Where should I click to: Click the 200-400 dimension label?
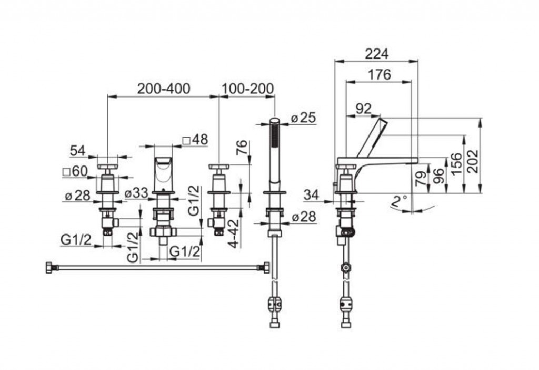[x=164, y=89]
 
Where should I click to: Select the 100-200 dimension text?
[x=248, y=89]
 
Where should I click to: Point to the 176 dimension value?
[x=379, y=75]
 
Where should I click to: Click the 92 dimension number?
[x=363, y=109]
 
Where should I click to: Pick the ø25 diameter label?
[x=303, y=118]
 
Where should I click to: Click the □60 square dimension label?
[x=74, y=171]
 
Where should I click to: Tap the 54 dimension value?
[x=77, y=151]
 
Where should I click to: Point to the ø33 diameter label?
[x=136, y=193]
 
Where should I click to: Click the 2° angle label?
[x=400, y=201]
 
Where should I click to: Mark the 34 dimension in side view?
[x=311, y=194]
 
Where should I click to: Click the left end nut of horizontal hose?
[x=51, y=267]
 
